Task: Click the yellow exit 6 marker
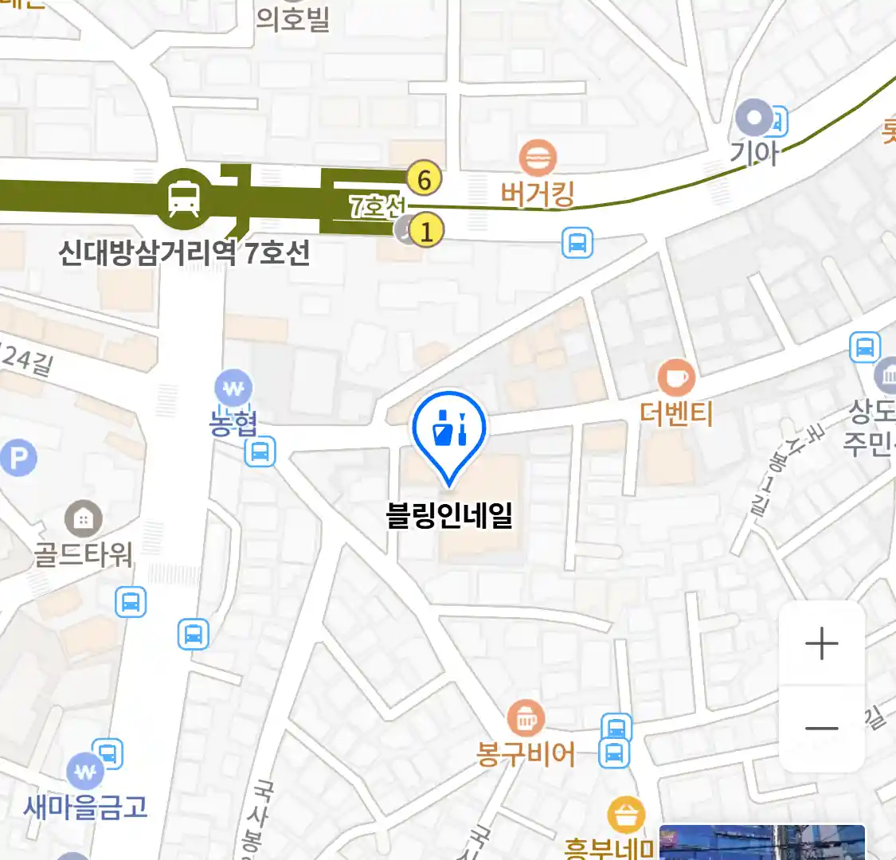point(424,180)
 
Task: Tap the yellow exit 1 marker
point(427,232)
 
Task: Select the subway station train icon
point(184,197)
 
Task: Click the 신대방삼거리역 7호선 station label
point(184,252)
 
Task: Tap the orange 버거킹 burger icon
point(538,158)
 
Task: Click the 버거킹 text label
point(538,193)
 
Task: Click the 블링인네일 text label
point(449,515)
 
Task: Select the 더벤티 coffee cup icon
point(676,377)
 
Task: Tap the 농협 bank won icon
point(233,389)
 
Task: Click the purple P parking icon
point(18,458)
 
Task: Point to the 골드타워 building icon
point(83,520)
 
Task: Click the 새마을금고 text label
point(86,807)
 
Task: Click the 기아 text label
point(753,151)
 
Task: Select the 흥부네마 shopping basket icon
point(626,815)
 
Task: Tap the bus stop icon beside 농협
point(260,452)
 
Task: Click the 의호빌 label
point(293,18)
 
